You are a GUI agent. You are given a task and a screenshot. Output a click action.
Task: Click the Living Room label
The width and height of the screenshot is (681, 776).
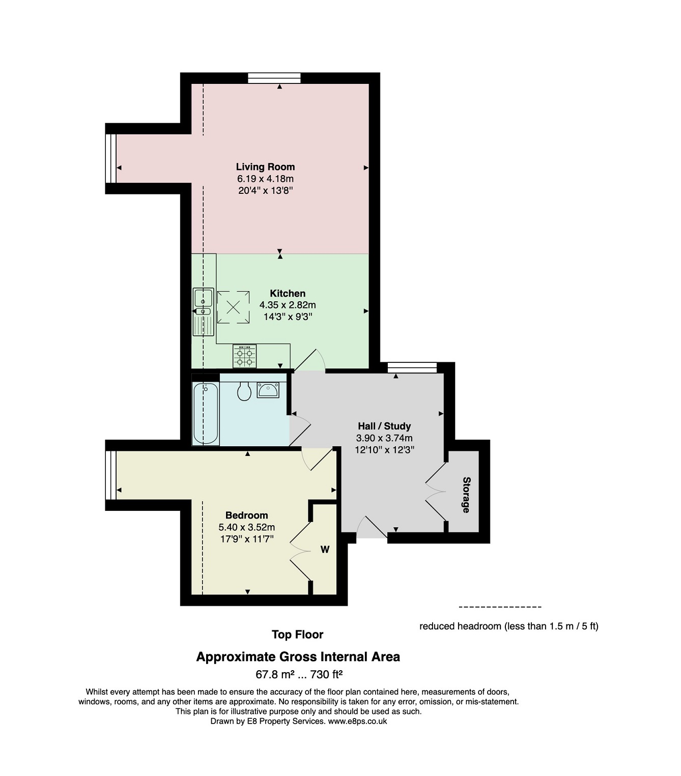point(265,166)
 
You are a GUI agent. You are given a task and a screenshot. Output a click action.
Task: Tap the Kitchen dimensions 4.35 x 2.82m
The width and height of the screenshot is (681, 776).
point(288,305)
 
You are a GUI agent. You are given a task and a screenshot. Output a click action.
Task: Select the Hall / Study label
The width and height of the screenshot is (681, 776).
point(384,426)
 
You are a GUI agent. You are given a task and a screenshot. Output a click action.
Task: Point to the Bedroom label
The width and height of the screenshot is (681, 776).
point(246,515)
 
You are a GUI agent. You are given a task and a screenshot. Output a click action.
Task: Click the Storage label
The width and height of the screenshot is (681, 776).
point(466,495)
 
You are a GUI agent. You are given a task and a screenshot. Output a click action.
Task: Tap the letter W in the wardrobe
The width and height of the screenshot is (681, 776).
point(325,550)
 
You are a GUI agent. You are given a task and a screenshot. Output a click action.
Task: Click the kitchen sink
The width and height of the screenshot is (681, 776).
point(203,311)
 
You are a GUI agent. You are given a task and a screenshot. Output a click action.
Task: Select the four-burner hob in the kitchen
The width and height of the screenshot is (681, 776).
point(244,356)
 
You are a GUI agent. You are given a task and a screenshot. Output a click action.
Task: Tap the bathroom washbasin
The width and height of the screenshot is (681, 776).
point(268,390)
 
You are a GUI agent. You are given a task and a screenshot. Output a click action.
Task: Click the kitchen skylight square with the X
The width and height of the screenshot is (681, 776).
point(233,307)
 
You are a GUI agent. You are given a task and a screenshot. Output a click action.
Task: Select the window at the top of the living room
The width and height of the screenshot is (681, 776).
point(274,78)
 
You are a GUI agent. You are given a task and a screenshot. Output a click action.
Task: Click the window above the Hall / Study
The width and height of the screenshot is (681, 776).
point(412,367)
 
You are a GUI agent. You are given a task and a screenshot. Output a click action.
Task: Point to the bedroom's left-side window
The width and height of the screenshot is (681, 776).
point(111,475)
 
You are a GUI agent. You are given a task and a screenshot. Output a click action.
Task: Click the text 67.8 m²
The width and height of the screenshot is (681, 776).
point(275,674)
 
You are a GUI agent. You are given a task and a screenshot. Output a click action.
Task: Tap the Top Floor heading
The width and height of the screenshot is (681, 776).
point(297,635)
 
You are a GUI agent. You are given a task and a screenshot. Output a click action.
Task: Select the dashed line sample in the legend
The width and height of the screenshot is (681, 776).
point(500,607)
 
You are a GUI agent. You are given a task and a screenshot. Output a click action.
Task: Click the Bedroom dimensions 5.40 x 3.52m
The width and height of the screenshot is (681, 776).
point(246,527)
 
